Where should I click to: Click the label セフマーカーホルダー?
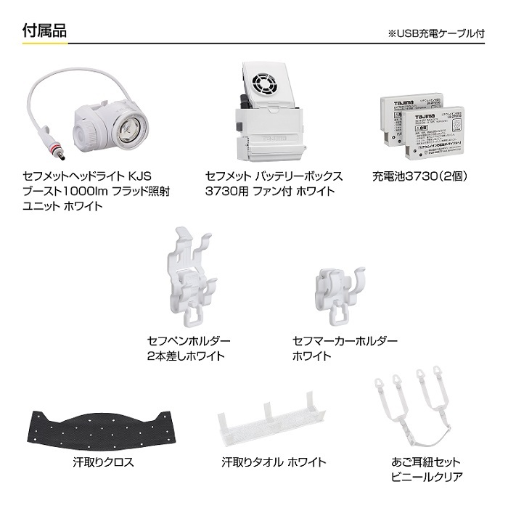(x=345, y=341)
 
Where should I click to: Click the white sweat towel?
(x=269, y=420)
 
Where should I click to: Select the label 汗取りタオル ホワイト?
(x=274, y=462)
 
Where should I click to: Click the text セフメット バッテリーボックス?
(x=273, y=176)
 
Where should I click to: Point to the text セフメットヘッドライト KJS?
(x=86, y=176)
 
